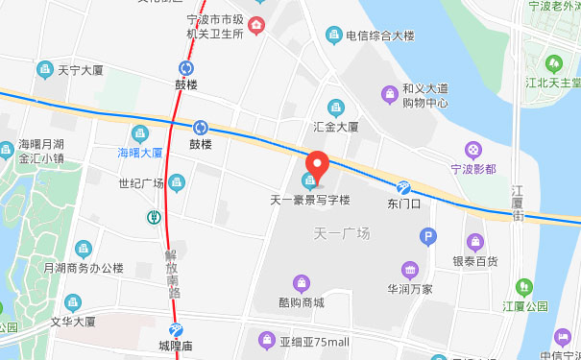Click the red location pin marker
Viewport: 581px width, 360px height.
coord(316,166)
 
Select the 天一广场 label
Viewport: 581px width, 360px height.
coord(342,233)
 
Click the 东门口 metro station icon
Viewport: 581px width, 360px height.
coord(404,187)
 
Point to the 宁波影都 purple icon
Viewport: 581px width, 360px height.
coord(472,150)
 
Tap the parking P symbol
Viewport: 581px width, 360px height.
coord(427,234)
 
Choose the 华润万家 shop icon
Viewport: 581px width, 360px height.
coord(410,269)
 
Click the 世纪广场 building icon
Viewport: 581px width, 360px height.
coord(177,182)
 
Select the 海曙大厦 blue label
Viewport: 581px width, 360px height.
coord(139,152)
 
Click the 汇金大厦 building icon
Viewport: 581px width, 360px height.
coord(336,107)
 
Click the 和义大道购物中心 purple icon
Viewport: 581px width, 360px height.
coord(388,93)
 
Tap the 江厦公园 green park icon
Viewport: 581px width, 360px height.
coord(523,286)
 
